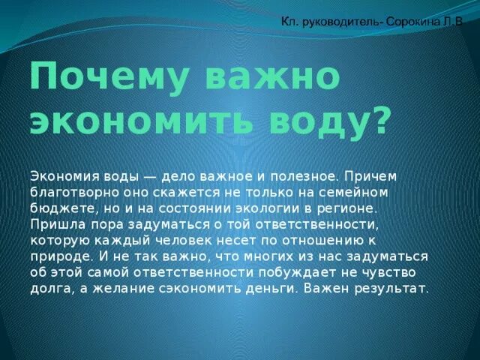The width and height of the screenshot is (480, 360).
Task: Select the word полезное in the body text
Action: tap(304, 175)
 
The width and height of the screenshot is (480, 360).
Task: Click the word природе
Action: tap(57, 256)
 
